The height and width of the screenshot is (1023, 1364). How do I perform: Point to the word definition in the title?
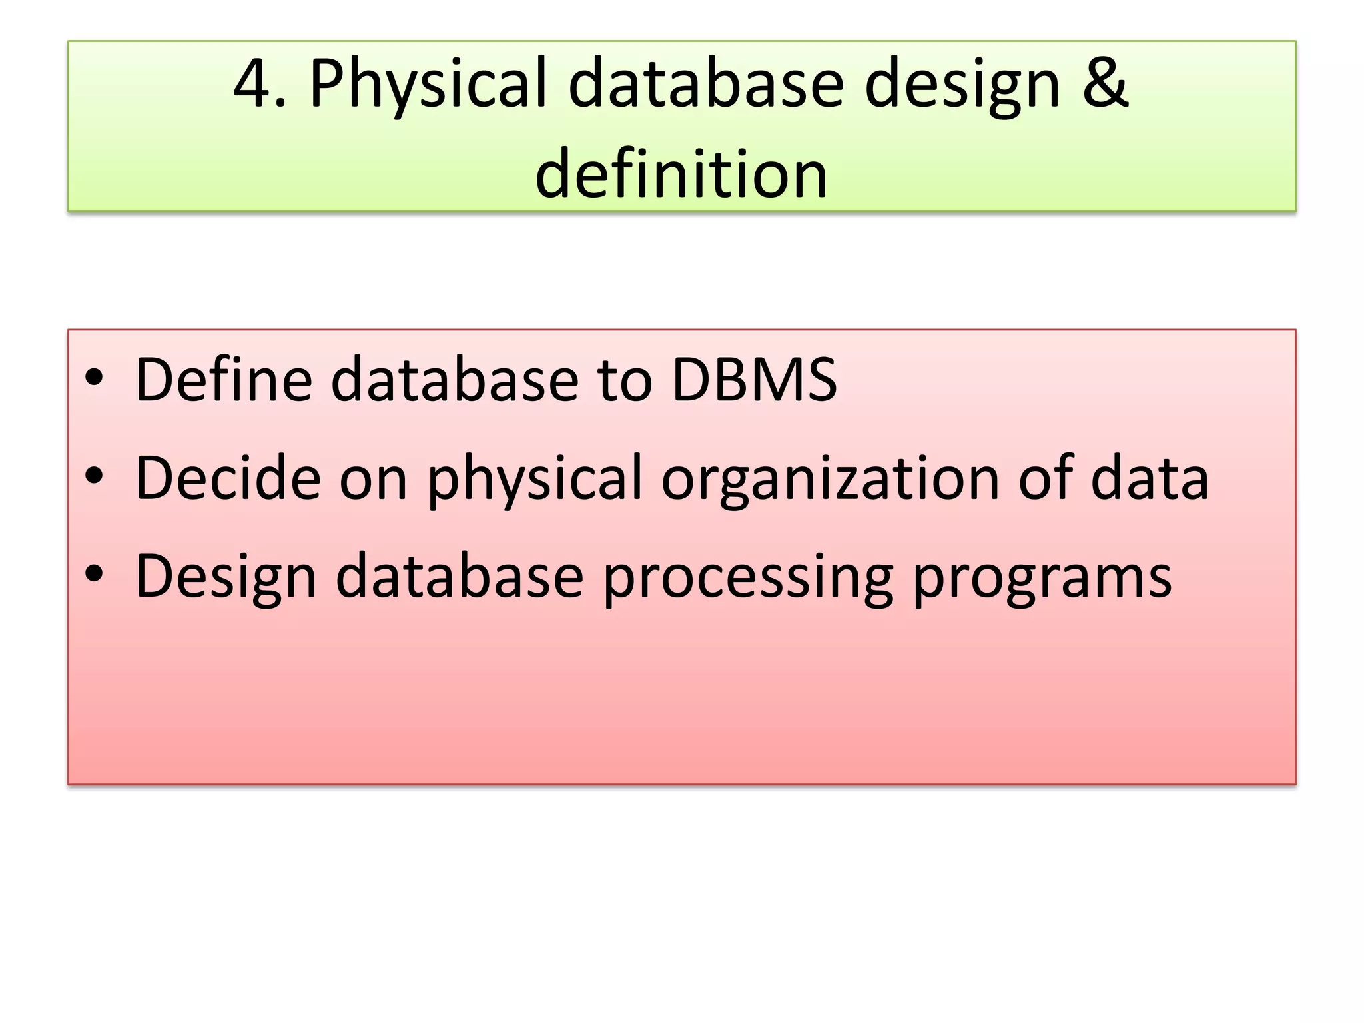(x=681, y=174)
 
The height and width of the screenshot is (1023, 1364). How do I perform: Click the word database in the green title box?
(x=707, y=84)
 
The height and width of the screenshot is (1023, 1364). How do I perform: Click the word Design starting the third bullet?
(x=226, y=579)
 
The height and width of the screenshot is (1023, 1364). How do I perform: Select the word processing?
(x=748, y=579)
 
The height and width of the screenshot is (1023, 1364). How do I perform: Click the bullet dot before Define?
(x=94, y=378)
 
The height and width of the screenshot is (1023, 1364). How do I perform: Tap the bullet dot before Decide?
(x=94, y=476)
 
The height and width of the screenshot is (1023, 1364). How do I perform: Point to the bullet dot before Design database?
(x=94, y=573)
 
